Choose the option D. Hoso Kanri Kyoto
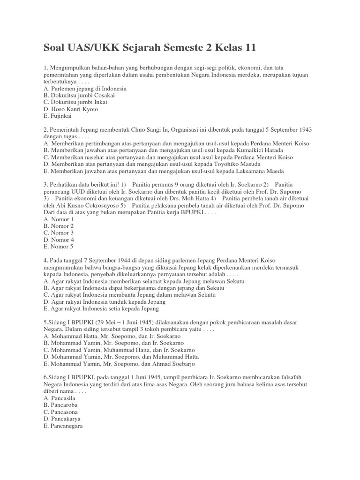pos(71,109)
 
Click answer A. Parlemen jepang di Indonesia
pos(85,88)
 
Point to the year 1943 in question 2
pos(304,129)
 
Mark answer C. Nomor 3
pos(59,232)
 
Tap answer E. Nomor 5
pos(59,246)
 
